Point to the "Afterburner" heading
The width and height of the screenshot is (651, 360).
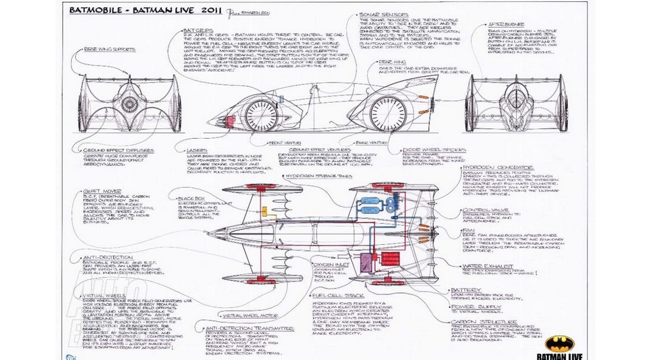click(504, 24)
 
